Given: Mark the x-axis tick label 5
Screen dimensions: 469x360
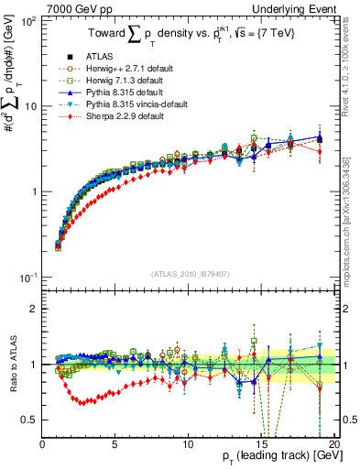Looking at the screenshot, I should click(x=115, y=444).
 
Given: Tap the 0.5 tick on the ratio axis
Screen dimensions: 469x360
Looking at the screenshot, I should click(x=29, y=420).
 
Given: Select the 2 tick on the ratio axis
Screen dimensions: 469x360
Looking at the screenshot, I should click(x=35, y=308).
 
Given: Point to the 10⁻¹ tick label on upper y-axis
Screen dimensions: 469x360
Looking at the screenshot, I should click(x=26, y=278).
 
